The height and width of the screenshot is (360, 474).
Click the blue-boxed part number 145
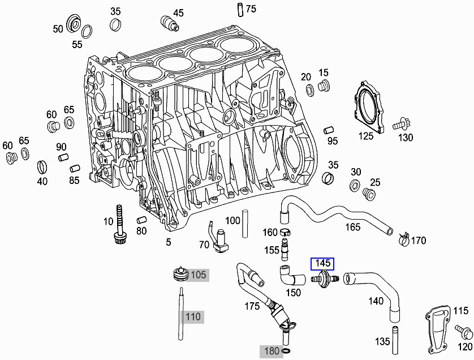pyautogui.click(x=322, y=263)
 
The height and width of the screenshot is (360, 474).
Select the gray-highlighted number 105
pyautogui.click(x=198, y=275)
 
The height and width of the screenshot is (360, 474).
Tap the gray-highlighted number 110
pyautogui.click(x=193, y=316)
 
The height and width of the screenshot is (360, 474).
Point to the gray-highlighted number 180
pyautogui.click(x=272, y=351)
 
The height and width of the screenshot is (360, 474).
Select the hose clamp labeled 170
pyautogui.click(x=403, y=239)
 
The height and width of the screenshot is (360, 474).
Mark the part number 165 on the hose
pyautogui.click(x=353, y=227)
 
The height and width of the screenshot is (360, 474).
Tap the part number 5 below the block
pyautogui.click(x=168, y=242)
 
